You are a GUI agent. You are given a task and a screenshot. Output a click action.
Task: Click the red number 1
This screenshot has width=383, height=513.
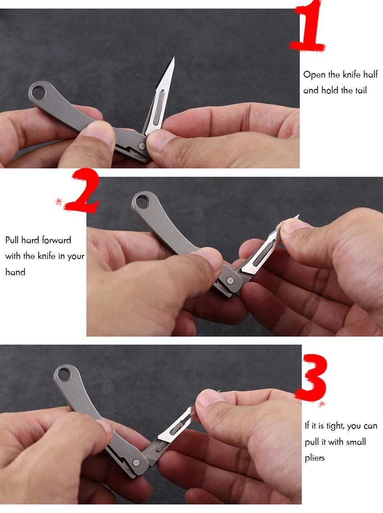(x=309, y=26)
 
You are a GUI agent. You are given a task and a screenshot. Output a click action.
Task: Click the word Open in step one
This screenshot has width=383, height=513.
(x=314, y=75)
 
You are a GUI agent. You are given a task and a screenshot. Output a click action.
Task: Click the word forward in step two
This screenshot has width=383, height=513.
(x=56, y=240)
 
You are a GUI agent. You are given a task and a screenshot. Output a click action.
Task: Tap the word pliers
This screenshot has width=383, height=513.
(x=315, y=458)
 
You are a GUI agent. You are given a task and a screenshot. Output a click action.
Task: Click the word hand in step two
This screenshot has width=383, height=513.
(x=15, y=272)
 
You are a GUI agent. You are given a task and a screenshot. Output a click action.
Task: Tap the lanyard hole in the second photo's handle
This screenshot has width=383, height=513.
(x=142, y=202)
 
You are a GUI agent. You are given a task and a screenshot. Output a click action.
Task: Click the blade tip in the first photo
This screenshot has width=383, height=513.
(x=174, y=55)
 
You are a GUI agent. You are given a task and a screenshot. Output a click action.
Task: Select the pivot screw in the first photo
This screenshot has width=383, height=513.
(x=141, y=146)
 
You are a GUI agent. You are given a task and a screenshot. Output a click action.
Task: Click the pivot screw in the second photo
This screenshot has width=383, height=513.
(x=230, y=280)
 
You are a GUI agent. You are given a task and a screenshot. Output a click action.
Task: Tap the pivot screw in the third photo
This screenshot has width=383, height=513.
(x=136, y=462)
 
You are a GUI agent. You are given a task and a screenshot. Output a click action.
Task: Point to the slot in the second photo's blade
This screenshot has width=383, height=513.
(x=264, y=252)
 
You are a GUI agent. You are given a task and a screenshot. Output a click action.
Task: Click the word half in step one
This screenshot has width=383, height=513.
(x=370, y=74)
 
